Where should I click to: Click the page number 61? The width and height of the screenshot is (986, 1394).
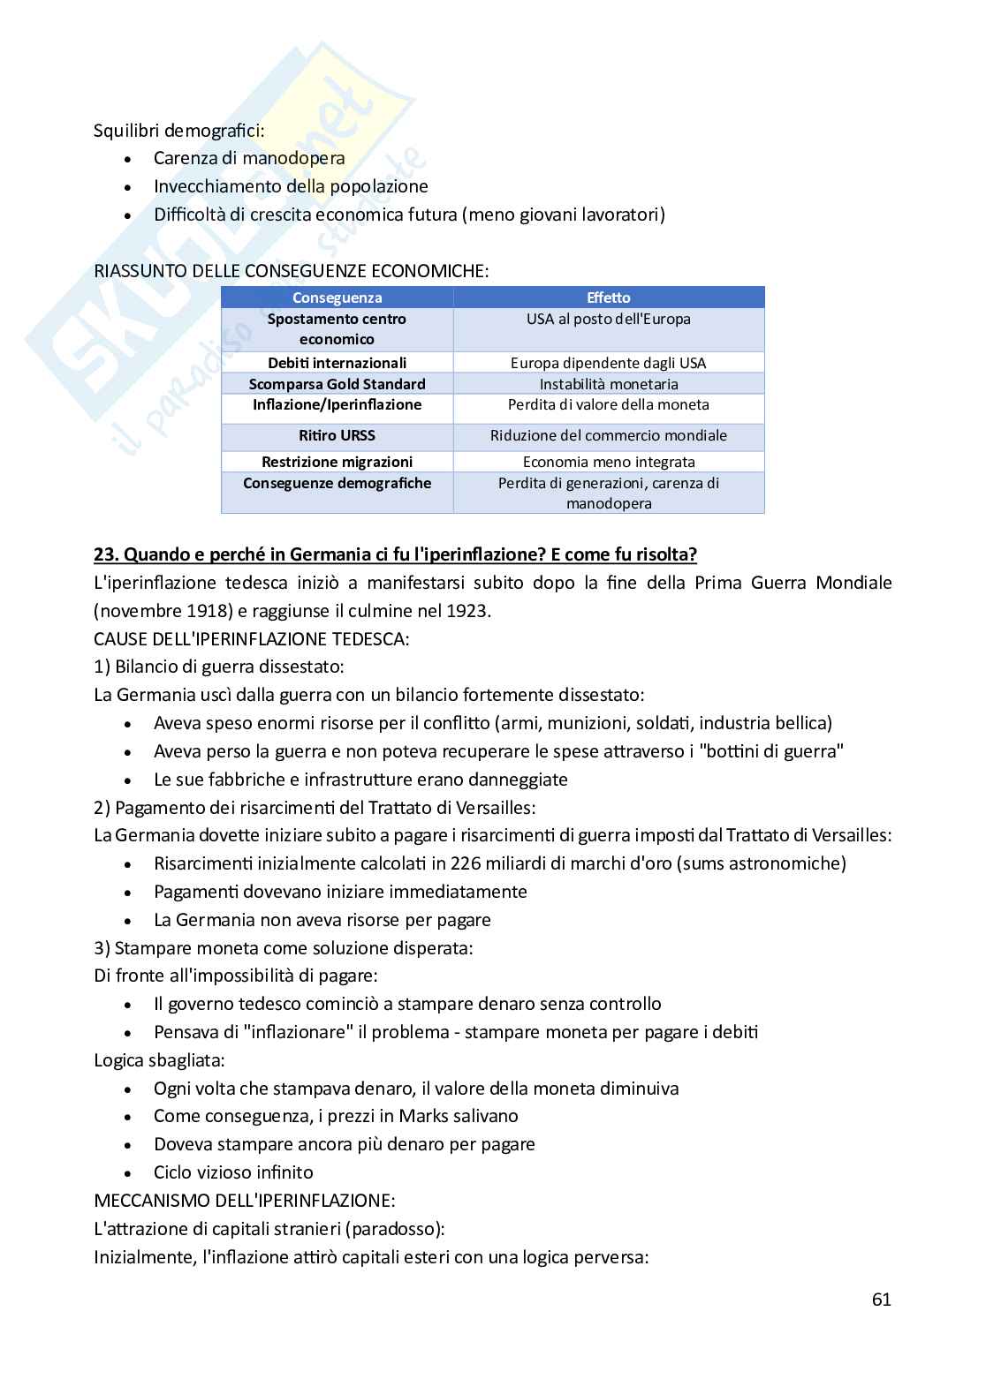(880, 1299)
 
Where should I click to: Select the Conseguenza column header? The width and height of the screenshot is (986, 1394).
(337, 298)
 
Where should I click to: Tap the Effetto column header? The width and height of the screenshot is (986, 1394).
(608, 298)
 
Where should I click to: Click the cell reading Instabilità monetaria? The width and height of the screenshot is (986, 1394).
(608, 384)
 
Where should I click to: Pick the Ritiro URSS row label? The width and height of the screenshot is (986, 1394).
(337, 435)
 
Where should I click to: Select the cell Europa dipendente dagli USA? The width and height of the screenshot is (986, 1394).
(608, 363)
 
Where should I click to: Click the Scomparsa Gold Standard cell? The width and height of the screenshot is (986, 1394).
(337, 384)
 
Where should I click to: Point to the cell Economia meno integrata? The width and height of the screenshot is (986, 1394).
(608, 462)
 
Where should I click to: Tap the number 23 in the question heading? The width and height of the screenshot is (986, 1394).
(104, 554)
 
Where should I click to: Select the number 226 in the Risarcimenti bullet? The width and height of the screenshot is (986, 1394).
(465, 863)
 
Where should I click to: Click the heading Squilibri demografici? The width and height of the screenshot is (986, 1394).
(178, 131)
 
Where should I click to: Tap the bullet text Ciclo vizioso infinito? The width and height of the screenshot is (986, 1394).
(233, 1172)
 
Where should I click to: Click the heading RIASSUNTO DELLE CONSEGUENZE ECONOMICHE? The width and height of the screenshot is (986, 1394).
(291, 271)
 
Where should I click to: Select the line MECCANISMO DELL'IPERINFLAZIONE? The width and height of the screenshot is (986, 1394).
(244, 1201)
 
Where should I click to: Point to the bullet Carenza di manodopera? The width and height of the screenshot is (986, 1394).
(249, 158)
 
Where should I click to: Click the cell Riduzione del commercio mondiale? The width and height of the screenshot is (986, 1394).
(608, 435)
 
